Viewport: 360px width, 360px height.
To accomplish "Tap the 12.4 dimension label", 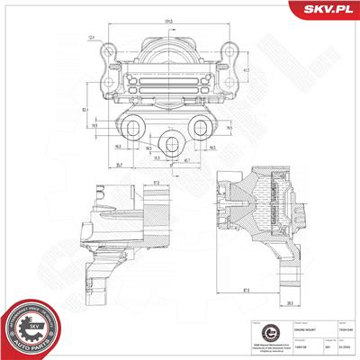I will click(x=92, y=37).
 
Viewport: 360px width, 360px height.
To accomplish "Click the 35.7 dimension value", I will click(x=94, y=165).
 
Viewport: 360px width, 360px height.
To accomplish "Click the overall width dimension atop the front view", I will click(x=168, y=21).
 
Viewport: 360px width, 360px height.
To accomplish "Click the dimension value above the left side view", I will click(x=130, y=184).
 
